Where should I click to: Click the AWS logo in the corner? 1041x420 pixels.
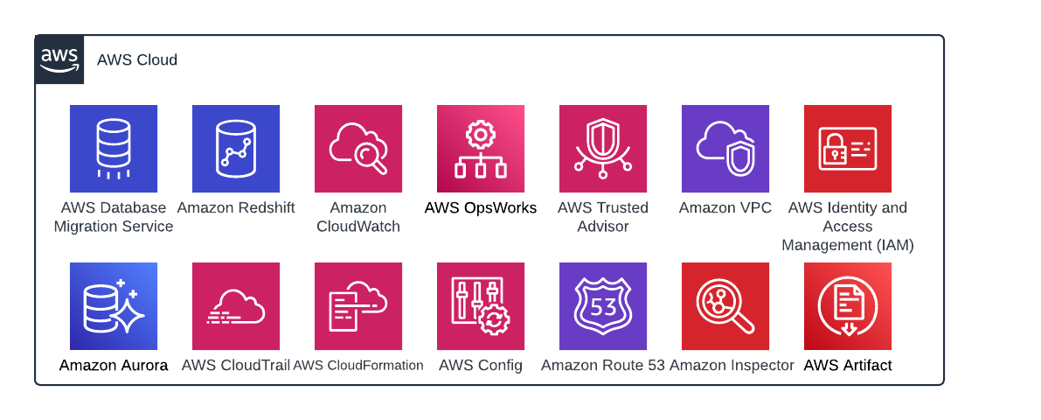click(x=59, y=59)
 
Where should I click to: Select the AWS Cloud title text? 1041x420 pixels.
click(x=137, y=60)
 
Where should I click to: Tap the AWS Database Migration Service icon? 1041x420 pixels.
click(x=114, y=149)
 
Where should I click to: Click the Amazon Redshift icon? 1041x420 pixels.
click(x=236, y=149)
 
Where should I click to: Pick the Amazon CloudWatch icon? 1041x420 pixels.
click(x=358, y=149)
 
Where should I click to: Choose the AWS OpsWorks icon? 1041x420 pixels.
click(x=481, y=149)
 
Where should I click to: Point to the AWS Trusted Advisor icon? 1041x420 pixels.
click(x=603, y=149)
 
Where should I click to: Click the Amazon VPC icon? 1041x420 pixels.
click(x=725, y=149)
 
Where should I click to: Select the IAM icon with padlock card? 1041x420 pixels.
click(x=848, y=149)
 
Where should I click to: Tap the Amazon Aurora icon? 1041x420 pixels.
click(x=114, y=306)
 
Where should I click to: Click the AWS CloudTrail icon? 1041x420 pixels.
click(x=236, y=306)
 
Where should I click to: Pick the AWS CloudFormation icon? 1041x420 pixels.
click(x=358, y=306)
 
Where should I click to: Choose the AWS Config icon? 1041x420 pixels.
click(x=481, y=306)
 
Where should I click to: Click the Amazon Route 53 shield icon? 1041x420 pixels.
click(x=603, y=306)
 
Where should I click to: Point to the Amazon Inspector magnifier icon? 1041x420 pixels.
click(x=725, y=306)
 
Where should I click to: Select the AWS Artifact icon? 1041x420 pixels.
click(x=848, y=306)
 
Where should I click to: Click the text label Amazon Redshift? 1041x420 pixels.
click(x=236, y=208)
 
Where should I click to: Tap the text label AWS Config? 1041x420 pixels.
click(x=481, y=366)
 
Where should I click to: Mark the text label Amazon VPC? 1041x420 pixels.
click(x=725, y=208)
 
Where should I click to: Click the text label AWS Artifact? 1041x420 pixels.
click(x=848, y=366)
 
